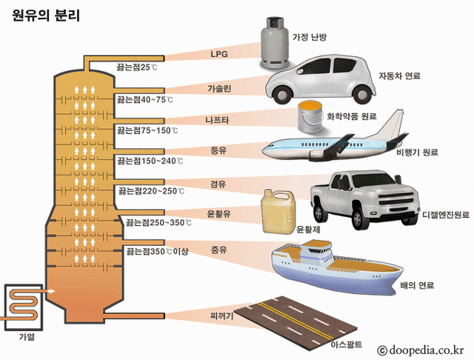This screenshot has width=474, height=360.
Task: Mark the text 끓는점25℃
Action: (x=137, y=67)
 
